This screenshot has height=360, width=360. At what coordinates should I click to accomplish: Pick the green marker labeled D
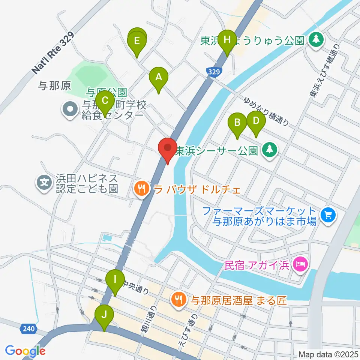tap(256, 121)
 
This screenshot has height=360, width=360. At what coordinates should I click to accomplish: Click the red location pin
tap(168, 148)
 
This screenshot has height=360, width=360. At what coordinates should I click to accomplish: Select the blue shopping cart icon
tap(328, 215)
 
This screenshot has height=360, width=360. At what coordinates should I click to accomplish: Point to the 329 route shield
tap(213, 71)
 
